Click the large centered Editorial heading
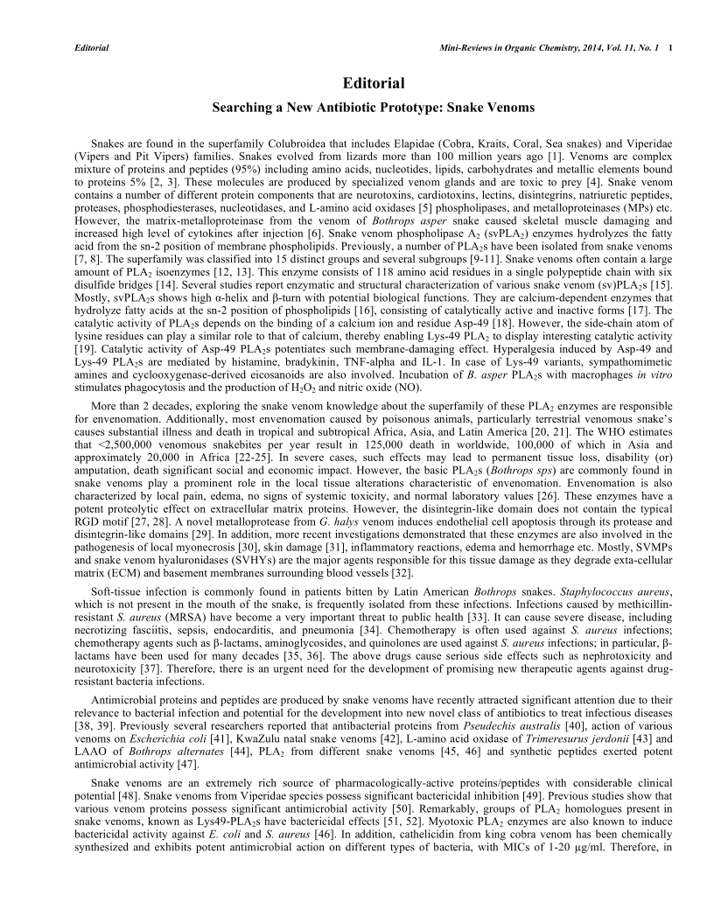357,84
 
